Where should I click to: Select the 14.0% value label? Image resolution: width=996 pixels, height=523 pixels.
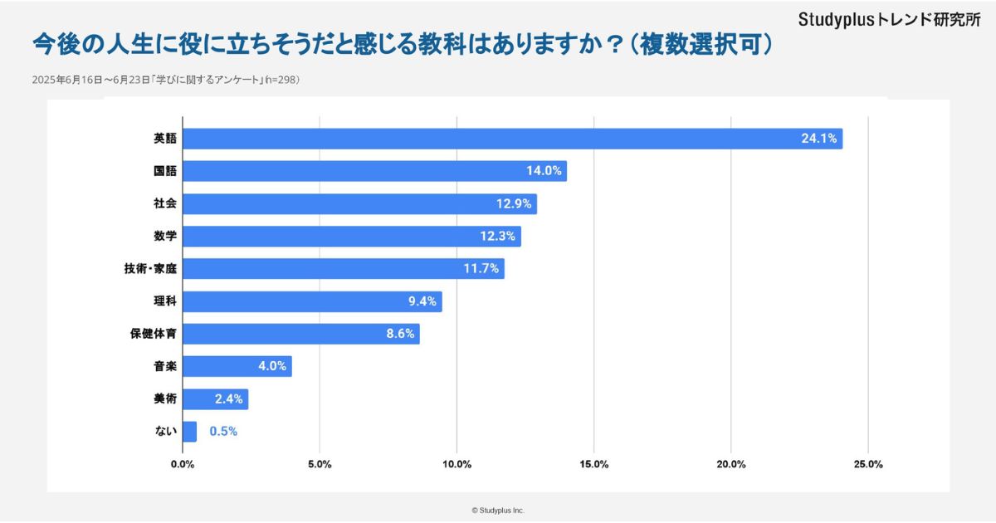(x=544, y=171)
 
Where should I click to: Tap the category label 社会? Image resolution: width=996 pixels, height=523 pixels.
(x=165, y=203)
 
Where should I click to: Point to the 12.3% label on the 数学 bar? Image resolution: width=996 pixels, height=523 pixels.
(x=498, y=237)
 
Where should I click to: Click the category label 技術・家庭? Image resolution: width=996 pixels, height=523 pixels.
(x=150, y=269)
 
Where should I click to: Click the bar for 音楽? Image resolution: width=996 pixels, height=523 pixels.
(x=237, y=366)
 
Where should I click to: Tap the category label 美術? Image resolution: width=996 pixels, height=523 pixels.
(x=165, y=398)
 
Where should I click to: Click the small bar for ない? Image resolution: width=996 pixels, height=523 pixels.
(x=189, y=432)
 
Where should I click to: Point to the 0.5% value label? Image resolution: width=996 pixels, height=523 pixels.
(x=223, y=432)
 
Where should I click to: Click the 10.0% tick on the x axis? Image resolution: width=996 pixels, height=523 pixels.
(x=457, y=464)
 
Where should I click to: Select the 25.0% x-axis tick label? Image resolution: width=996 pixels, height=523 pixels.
(x=867, y=464)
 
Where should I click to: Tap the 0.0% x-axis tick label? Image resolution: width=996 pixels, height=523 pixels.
(x=183, y=464)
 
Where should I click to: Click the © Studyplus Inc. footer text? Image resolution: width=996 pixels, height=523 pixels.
(x=498, y=511)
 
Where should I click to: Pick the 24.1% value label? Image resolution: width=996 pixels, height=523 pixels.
(x=818, y=139)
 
